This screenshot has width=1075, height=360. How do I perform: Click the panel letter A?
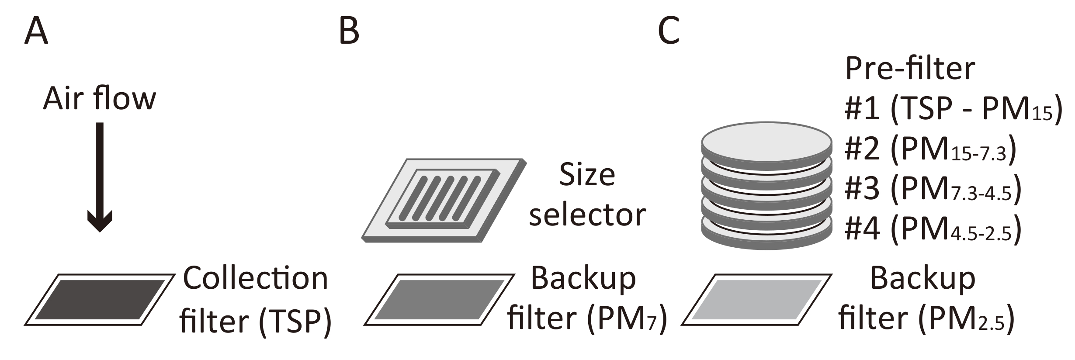click(x=36, y=31)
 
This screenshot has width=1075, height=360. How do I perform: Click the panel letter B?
click(x=349, y=31)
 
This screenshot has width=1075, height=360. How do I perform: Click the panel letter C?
click(x=669, y=31)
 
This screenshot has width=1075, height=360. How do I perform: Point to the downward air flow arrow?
click(x=100, y=175)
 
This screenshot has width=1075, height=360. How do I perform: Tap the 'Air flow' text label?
click(x=100, y=99)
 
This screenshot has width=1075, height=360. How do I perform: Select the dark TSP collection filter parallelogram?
click(x=100, y=300)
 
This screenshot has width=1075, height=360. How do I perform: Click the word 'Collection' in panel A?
click(x=256, y=279)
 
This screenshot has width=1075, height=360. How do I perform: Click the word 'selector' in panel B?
click(x=587, y=215)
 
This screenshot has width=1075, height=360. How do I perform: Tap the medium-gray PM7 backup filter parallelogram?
click(x=439, y=300)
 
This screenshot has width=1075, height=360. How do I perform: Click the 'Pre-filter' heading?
click(x=910, y=68)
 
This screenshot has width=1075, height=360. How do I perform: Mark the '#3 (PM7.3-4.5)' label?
click(x=933, y=190)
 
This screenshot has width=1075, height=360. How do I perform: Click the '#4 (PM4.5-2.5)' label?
click(x=933, y=229)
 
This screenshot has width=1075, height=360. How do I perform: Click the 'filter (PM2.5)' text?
click(x=926, y=319)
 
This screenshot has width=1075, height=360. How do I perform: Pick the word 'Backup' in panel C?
click(x=923, y=279)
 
